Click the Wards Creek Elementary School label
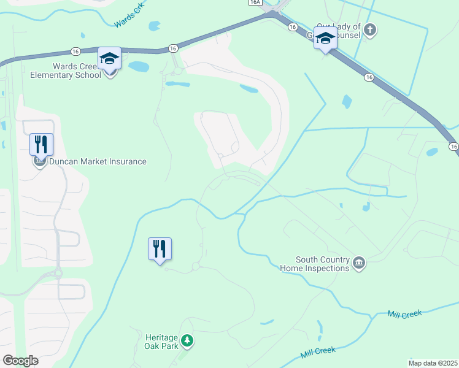click(x=66, y=71)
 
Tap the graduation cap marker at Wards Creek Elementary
click(x=109, y=59)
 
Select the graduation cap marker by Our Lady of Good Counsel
click(x=325, y=39)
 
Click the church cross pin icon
click(x=370, y=29)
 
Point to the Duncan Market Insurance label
click(x=98, y=162)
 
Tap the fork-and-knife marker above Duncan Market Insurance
click(x=41, y=145)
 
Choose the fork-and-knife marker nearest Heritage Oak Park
click(x=160, y=249)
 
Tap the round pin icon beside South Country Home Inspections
click(x=359, y=264)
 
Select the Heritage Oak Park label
click(x=161, y=342)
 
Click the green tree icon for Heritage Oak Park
click(x=187, y=340)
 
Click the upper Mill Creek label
click(x=404, y=313)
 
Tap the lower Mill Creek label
click(x=318, y=353)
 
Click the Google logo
click(x=20, y=361)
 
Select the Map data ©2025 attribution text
click(x=433, y=363)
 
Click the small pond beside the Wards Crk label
click(x=153, y=26)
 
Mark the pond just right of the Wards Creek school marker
click(x=139, y=66)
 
